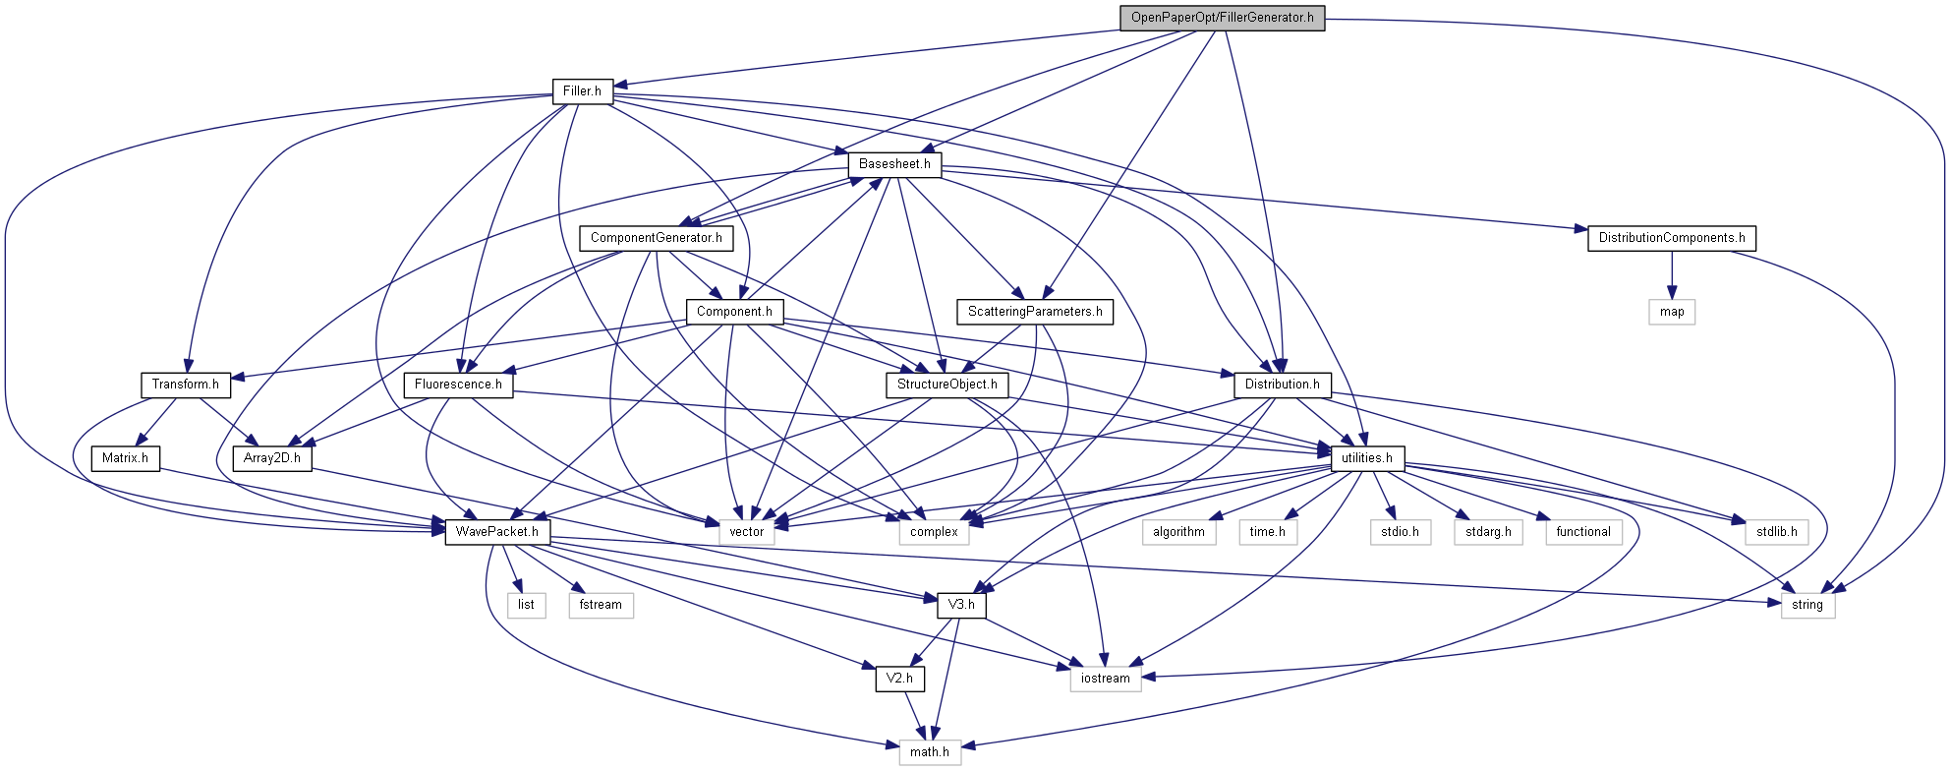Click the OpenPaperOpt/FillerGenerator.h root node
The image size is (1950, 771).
[x=1222, y=18]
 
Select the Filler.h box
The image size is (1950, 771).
[x=582, y=91]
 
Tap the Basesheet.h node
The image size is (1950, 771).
[x=894, y=164]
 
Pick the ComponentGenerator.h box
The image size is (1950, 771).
[x=656, y=238]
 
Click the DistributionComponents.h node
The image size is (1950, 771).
[x=1671, y=238]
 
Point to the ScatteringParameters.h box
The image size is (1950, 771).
[x=1034, y=312]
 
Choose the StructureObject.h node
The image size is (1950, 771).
[x=946, y=385]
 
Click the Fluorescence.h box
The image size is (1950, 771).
[x=458, y=385]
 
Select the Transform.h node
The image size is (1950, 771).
[x=185, y=385]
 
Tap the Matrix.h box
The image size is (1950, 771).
[x=125, y=458]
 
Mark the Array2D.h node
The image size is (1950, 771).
[x=272, y=458]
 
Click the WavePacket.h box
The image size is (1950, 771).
[x=497, y=532]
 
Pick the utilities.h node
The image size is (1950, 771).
[x=1366, y=458]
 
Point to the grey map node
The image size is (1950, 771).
[x=1672, y=312]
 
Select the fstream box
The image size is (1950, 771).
[x=601, y=605]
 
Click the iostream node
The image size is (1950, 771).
[x=1106, y=679]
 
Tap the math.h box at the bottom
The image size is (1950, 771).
[x=930, y=752]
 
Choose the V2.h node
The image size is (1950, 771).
[x=899, y=679]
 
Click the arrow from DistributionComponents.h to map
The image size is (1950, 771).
[x=1672, y=274]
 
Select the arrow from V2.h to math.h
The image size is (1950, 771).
[x=915, y=716]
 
